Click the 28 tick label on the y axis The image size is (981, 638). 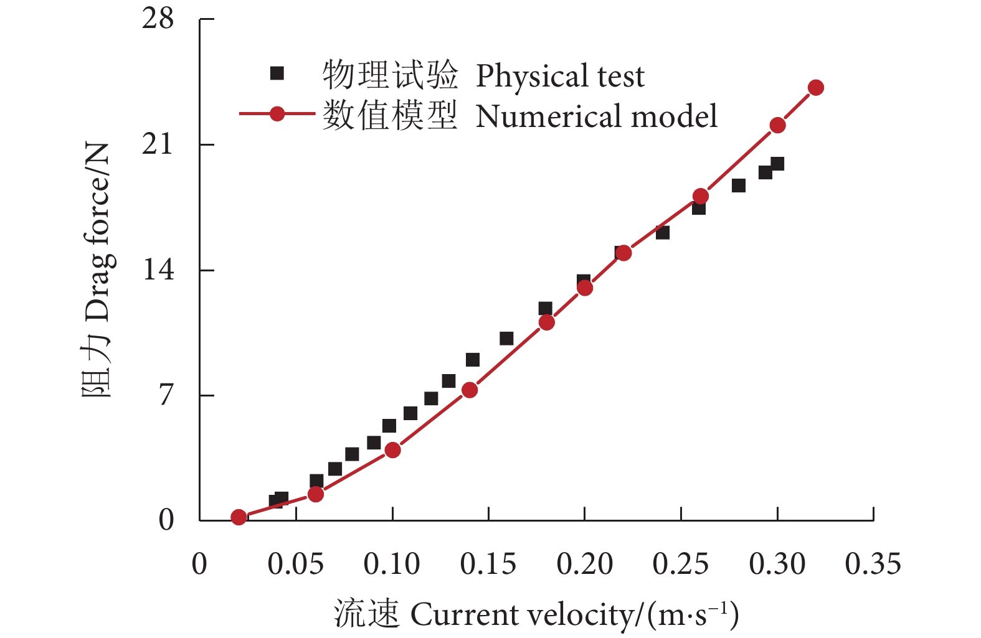pos(157,19)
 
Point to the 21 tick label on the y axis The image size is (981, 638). pos(157,144)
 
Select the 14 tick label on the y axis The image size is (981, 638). pos(158,270)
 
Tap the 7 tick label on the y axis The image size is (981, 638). pos(165,395)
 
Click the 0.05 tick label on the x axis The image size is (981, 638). pos(295,565)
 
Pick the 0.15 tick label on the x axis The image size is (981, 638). pos(488,565)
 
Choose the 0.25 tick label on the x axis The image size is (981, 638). pos(680,565)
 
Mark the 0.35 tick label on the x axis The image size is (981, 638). pos(873,565)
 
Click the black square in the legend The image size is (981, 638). pos(277,74)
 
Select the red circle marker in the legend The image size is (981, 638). pos(277,114)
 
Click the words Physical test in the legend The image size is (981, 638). pos(559,77)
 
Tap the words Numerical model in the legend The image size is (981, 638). pos(596,116)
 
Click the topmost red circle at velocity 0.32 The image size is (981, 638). pos(815,88)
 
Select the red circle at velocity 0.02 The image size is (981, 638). pos(239,517)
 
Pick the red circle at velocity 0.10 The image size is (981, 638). pos(392,450)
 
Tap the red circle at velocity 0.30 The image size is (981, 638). pos(777,125)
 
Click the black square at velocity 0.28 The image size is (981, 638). pos(739,185)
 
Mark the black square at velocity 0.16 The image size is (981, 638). pos(506,339)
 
